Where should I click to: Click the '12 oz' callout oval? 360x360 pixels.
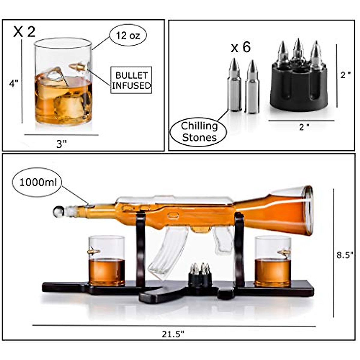click(128, 36)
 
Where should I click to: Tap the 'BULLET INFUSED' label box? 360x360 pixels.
click(131, 80)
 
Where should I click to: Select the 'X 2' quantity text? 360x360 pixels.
click(24, 32)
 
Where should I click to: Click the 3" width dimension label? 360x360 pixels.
click(61, 144)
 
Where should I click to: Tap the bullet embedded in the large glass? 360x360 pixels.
click(78, 67)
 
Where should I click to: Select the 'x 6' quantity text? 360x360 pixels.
click(241, 47)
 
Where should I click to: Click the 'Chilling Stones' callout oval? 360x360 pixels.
click(199, 132)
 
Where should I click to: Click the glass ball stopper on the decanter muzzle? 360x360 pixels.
click(58, 211)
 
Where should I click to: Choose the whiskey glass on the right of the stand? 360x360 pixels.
click(273, 261)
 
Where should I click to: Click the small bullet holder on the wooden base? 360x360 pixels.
click(200, 274)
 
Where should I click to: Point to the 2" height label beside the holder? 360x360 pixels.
click(346, 75)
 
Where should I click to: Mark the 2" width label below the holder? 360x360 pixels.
click(304, 127)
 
